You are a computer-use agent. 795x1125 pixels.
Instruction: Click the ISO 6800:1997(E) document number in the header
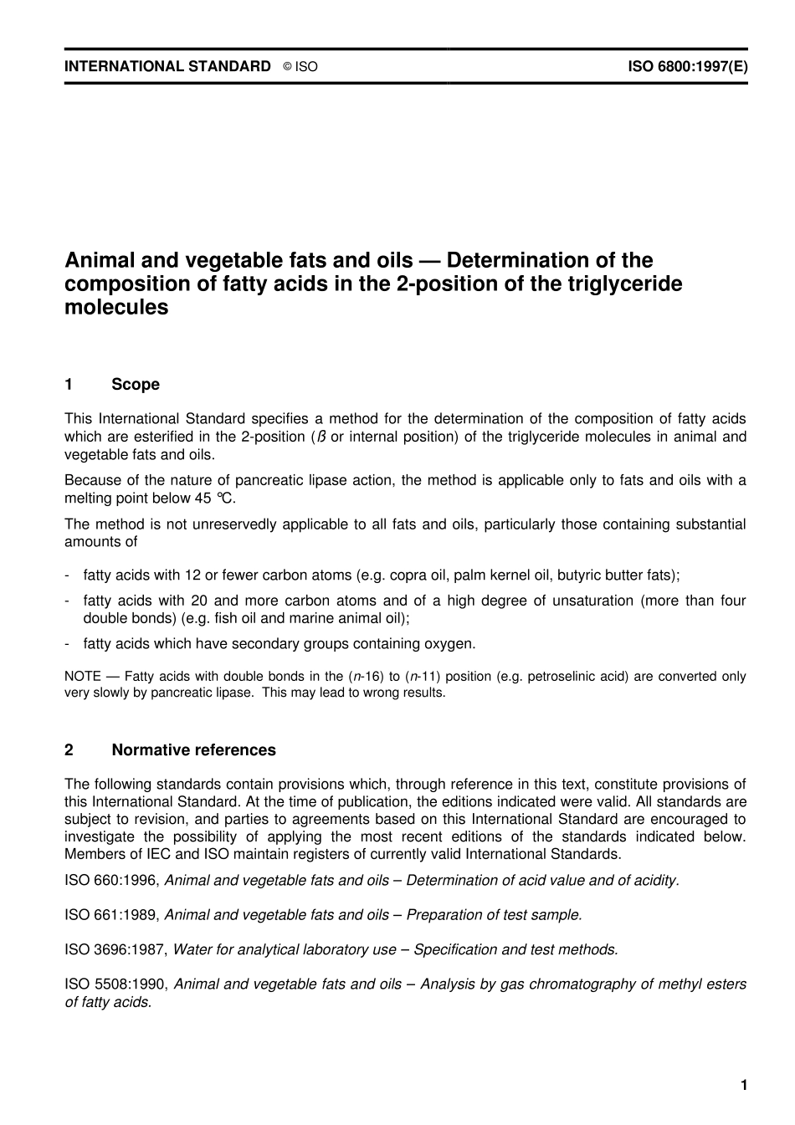(687, 66)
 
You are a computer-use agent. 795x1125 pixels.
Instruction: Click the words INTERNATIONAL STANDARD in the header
(167, 66)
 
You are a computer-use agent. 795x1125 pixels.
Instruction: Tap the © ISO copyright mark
(300, 67)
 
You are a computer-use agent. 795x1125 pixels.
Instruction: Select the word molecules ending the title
(116, 307)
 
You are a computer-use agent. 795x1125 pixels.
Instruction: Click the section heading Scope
(135, 385)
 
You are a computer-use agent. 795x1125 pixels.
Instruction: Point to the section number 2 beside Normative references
(69, 750)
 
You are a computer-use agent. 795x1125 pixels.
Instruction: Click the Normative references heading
(193, 750)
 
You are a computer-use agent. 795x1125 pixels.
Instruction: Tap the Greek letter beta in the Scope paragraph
(321, 437)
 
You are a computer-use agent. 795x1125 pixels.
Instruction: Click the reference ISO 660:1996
(111, 881)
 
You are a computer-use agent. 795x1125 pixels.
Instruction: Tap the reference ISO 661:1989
(111, 915)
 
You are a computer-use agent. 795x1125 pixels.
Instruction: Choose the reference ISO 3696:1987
(115, 949)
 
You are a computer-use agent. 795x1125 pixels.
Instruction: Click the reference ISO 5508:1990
(115, 984)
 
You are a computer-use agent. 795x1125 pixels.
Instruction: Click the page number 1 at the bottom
(743, 1086)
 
